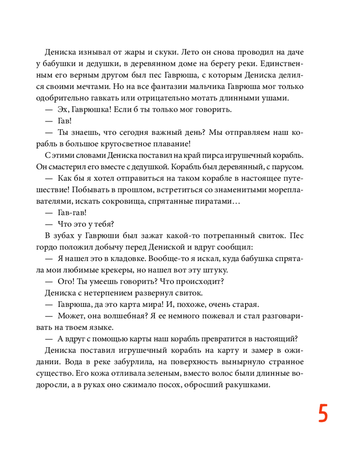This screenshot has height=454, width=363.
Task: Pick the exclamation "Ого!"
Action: tap(68, 282)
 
